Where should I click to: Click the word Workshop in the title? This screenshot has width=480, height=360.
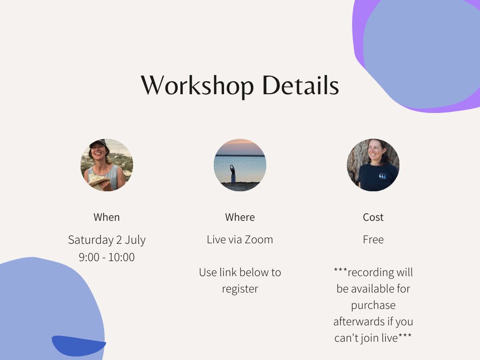[x=197, y=86]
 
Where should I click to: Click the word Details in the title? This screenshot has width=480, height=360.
[x=300, y=85]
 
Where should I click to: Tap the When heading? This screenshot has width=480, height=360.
[x=106, y=217]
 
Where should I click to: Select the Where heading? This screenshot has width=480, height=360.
[x=240, y=217]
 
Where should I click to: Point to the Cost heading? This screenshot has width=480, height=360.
[x=373, y=217]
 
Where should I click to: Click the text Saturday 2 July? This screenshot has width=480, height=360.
[x=106, y=240]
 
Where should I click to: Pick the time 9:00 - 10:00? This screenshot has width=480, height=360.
[x=106, y=257]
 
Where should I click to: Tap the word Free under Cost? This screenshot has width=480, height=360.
[x=373, y=240]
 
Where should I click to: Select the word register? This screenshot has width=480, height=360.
[x=240, y=289]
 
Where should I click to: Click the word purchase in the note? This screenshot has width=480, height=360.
[x=373, y=306]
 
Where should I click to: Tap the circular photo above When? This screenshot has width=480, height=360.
[x=106, y=165]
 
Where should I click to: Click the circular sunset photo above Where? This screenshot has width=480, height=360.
[x=240, y=165]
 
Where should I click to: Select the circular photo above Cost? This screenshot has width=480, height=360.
[x=373, y=165]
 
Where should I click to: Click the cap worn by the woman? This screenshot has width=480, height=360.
[x=98, y=143]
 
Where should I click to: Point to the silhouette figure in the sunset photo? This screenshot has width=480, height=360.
[x=233, y=173]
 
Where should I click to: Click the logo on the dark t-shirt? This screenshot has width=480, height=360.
[x=382, y=176]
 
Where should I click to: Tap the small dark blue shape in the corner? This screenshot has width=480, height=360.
[x=78, y=345]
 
